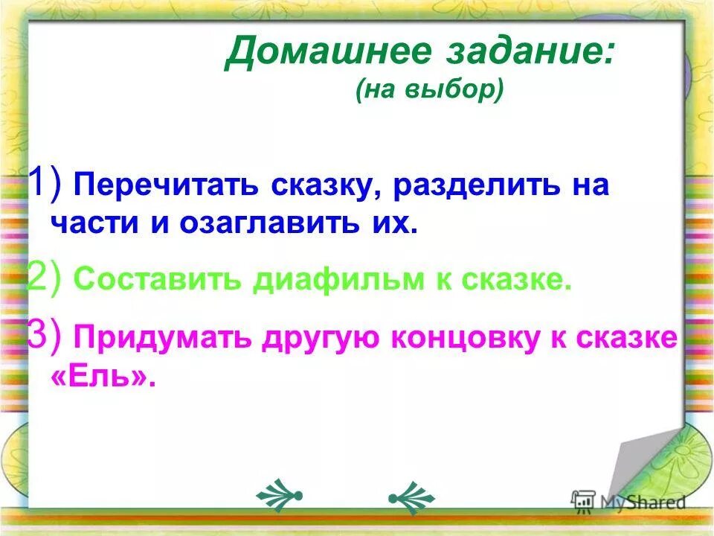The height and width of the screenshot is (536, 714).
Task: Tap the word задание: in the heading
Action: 529,54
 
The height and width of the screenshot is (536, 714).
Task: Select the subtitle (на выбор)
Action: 429,91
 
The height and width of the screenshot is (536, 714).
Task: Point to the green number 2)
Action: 45,279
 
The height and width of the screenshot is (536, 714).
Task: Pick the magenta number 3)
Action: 45,336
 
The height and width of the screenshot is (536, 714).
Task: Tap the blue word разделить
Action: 469,186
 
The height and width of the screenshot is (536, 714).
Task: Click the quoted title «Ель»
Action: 104,376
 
